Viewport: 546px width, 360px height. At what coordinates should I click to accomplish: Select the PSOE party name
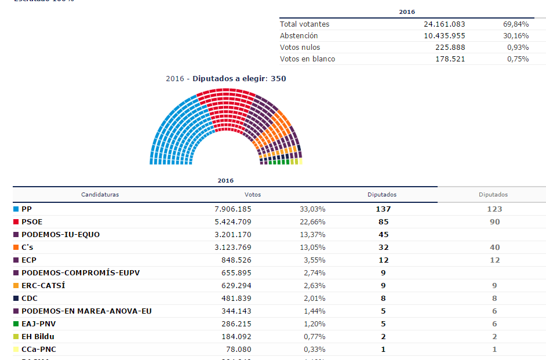pyautogui.click(x=32, y=221)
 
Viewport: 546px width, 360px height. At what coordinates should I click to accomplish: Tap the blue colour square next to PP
pyautogui.click(x=16, y=209)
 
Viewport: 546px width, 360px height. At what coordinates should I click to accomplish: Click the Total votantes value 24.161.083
pyautogui.click(x=444, y=24)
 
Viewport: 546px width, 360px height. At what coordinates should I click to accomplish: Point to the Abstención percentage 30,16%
pyautogui.click(x=516, y=36)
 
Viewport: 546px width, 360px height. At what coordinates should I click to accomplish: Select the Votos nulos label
pyautogui.click(x=300, y=48)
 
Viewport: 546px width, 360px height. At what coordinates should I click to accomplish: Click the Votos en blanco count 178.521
pyautogui.click(x=448, y=59)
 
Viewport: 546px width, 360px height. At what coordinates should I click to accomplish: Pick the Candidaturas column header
pyautogui.click(x=100, y=195)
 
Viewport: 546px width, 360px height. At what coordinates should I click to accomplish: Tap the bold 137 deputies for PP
pyautogui.click(x=383, y=209)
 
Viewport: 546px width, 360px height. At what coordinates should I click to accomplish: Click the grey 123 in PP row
pyautogui.click(x=494, y=209)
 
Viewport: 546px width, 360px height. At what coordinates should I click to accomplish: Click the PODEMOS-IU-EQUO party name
pyautogui.click(x=60, y=234)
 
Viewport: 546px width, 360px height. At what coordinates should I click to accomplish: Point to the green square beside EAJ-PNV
pyautogui.click(x=16, y=323)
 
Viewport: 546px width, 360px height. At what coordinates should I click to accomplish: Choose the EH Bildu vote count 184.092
pyautogui.click(x=236, y=336)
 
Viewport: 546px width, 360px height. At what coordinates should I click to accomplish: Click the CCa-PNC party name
pyautogui.click(x=39, y=349)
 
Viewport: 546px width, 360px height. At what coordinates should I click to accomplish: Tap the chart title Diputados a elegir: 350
pyautogui.click(x=239, y=79)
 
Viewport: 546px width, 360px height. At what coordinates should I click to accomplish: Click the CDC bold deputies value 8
pyautogui.click(x=383, y=298)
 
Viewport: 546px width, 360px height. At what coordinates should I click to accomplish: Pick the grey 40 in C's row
pyautogui.click(x=494, y=247)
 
